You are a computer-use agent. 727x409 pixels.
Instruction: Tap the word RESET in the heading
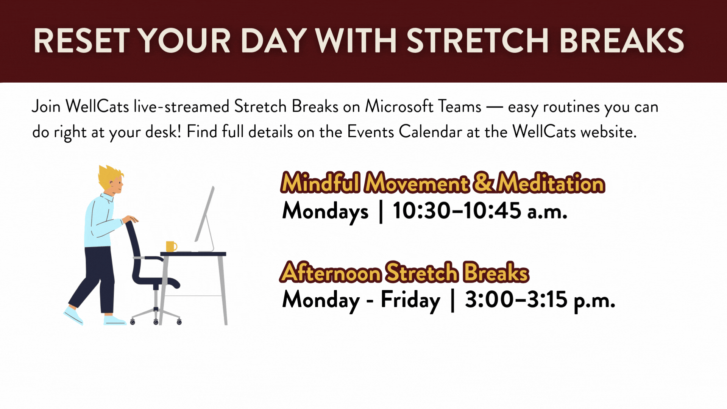tap(82, 41)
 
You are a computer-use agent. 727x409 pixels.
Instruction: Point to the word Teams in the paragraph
tap(459, 106)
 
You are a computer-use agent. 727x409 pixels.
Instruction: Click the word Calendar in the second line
tap(430, 132)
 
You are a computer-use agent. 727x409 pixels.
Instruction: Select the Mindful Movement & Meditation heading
tap(442, 183)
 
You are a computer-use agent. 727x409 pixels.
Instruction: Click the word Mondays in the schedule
tap(325, 211)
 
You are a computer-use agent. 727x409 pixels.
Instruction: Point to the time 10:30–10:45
tap(457, 211)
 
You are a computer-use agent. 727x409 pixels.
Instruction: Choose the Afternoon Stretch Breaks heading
tap(404, 273)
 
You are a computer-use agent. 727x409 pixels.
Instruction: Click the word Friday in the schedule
tap(410, 300)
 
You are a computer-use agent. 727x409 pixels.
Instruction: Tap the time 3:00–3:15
tap(516, 300)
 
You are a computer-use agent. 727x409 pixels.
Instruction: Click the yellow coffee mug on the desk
tap(171, 246)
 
